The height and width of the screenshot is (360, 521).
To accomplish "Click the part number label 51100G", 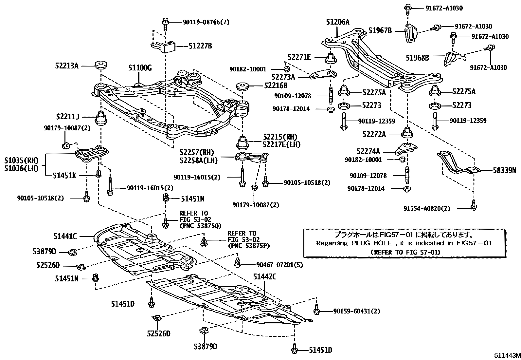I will [x=140, y=68].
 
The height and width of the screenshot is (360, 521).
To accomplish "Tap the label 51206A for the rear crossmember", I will [x=337, y=22].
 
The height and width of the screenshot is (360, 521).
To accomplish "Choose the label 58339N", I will [x=505, y=170].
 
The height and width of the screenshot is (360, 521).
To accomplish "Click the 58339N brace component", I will [x=455, y=163].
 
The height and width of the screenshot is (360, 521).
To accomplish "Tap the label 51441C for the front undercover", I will [x=65, y=236].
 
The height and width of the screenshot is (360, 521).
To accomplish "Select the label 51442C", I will [x=264, y=277].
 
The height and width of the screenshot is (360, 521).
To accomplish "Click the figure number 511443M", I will [x=507, y=355].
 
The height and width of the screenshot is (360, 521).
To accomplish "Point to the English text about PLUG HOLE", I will [x=404, y=243].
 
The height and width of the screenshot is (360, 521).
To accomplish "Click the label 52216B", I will [x=276, y=85].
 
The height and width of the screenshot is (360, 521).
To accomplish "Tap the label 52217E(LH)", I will [x=282, y=144].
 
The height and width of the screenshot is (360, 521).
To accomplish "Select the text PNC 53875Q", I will [x=200, y=226].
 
